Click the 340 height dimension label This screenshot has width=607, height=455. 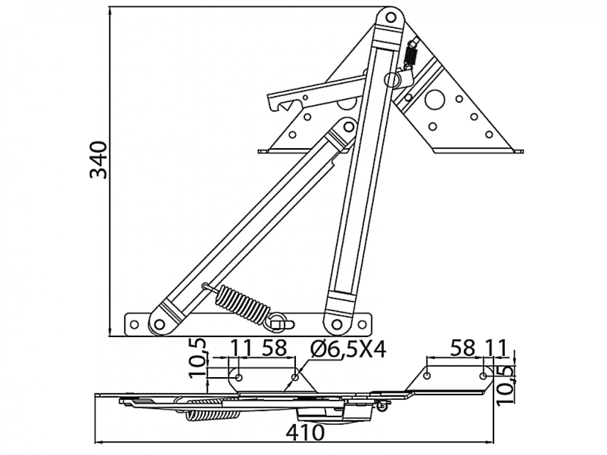(x=99, y=160)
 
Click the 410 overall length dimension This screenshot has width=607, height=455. (x=305, y=433)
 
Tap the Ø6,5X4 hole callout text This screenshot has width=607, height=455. (x=348, y=349)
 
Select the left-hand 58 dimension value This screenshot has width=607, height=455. (x=274, y=348)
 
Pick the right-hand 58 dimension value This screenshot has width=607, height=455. (x=462, y=348)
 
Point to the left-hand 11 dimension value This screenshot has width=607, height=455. (x=241, y=348)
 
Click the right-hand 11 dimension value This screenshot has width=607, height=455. (x=496, y=348)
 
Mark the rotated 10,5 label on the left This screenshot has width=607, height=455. (x=198, y=358)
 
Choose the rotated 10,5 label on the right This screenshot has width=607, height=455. (x=506, y=386)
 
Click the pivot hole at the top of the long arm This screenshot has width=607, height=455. (x=391, y=18)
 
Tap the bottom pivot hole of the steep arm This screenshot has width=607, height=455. (x=337, y=324)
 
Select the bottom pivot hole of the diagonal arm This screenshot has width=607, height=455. (x=159, y=324)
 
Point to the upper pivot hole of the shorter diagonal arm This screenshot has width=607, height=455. (x=349, y=127)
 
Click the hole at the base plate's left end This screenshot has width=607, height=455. (x=134, y=325)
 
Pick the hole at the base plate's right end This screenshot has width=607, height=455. (x=362, y=325)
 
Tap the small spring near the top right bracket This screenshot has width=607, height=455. (x=411, y=55)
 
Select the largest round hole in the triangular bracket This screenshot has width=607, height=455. (x=436, y=100)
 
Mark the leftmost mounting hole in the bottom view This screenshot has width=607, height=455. (x=239, y=377)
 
